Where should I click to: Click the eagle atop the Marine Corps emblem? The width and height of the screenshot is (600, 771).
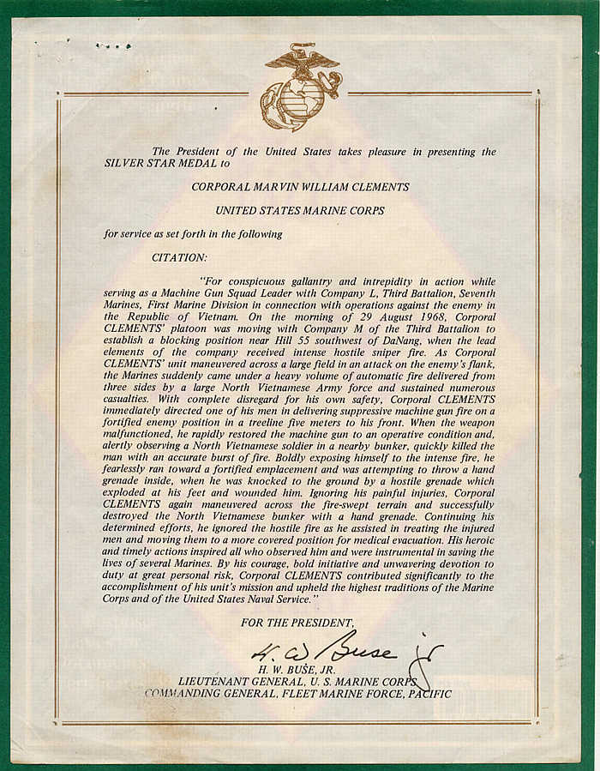pyautogui.click(x=301, y=63)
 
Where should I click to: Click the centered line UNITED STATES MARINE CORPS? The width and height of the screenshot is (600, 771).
pyautogui.click(x=300, y=209)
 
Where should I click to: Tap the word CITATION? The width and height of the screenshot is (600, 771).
pyautogui.click(x=179, y=256)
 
